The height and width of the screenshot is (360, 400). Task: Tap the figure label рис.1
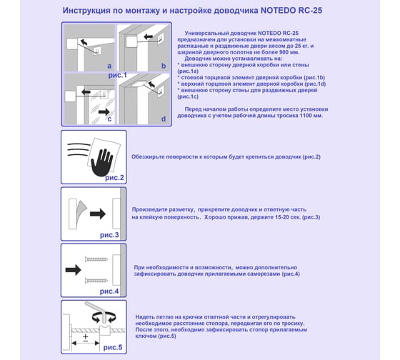117,75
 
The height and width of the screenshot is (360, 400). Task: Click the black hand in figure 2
101,162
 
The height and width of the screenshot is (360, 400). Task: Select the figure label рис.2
114,178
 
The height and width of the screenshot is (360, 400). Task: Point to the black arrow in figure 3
98,214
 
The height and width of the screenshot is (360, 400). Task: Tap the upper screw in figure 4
96,259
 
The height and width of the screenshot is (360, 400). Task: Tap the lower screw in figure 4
96,281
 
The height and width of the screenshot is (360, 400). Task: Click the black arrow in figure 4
73,270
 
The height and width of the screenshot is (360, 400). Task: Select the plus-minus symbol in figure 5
86,337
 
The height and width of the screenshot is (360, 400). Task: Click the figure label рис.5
113,347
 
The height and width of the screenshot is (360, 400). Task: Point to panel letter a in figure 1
109,66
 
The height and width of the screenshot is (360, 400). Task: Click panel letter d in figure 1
164,119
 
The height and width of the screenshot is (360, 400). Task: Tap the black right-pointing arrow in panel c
104,111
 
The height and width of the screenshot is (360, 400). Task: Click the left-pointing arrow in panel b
149,37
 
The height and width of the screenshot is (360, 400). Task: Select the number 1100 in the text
306,116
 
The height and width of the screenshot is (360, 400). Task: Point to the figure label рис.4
109,291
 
